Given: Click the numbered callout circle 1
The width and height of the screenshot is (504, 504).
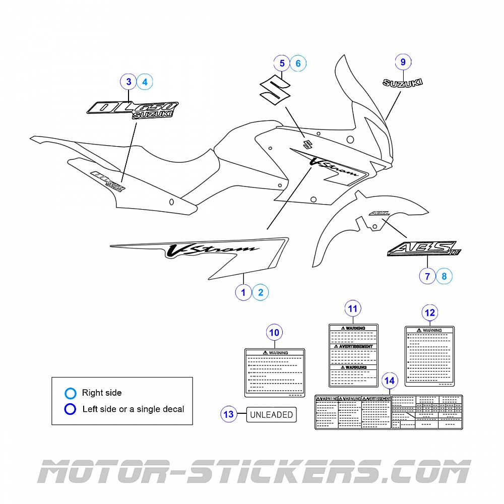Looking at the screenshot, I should point(243,292).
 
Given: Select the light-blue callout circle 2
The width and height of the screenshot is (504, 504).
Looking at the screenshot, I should point(260,292).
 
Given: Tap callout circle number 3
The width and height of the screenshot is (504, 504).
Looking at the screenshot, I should point(129,81).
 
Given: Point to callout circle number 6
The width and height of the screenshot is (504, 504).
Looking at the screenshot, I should point(298,63).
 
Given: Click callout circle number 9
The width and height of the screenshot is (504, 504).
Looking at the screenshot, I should point(403,62).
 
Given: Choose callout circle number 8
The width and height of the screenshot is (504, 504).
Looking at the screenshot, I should point(444,276).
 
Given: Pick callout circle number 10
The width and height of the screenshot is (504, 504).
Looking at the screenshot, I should point(275,333).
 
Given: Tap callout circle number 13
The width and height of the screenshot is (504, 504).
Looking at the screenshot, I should point(229,414).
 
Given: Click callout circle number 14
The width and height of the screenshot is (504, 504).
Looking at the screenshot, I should point(390,381).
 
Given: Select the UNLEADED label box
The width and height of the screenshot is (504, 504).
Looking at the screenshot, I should point(271,415).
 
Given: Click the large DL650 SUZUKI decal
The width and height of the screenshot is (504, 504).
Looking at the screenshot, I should point(133,109).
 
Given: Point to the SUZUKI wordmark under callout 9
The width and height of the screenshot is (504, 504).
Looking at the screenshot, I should point(403,83).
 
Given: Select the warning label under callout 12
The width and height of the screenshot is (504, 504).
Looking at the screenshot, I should point(430,356).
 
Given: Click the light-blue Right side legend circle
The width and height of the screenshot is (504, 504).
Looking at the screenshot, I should point(71,393).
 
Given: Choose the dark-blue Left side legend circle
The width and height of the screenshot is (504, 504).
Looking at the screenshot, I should point(71,409).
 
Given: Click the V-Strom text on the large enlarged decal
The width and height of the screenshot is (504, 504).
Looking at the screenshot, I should point(212,249).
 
